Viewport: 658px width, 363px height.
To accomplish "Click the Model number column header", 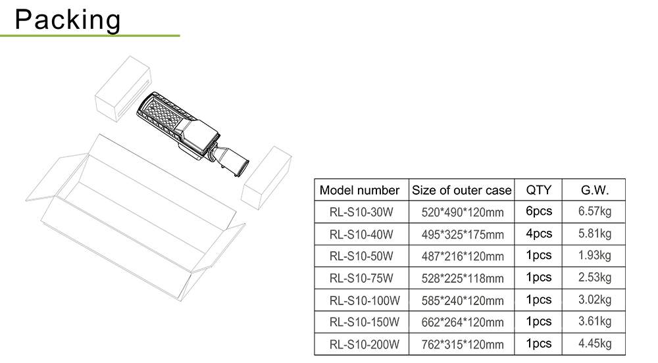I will (x=359, y=191).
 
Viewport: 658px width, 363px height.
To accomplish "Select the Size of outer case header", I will (x=461, y=191).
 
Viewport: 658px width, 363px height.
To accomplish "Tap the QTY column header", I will (x=539, y=190).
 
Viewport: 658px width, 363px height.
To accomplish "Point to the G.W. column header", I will (x=594, y=190).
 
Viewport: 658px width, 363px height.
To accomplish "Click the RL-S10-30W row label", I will (x=361, y=212).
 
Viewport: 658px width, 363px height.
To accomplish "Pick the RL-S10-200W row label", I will (x=364, y=344).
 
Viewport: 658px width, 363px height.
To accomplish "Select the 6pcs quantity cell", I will (x=539, y=211).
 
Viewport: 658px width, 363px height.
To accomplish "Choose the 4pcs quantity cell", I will (x=539, y=233).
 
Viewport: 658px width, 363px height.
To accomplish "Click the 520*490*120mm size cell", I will (x=462, y=212).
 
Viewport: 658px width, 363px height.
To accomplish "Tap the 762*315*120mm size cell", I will (x=462, y=344).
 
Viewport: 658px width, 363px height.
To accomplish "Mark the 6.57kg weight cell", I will (x=594, y=211).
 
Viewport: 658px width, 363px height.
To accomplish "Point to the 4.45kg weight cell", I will (x=594, y=343).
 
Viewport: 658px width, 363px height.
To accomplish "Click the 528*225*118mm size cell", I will (x=462, y=278).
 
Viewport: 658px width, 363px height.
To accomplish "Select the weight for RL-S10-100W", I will (x=594, y=299).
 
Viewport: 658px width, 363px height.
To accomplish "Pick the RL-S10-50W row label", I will (x=361, y=256).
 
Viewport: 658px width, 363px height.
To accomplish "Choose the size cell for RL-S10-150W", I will (x=462, y=322).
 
